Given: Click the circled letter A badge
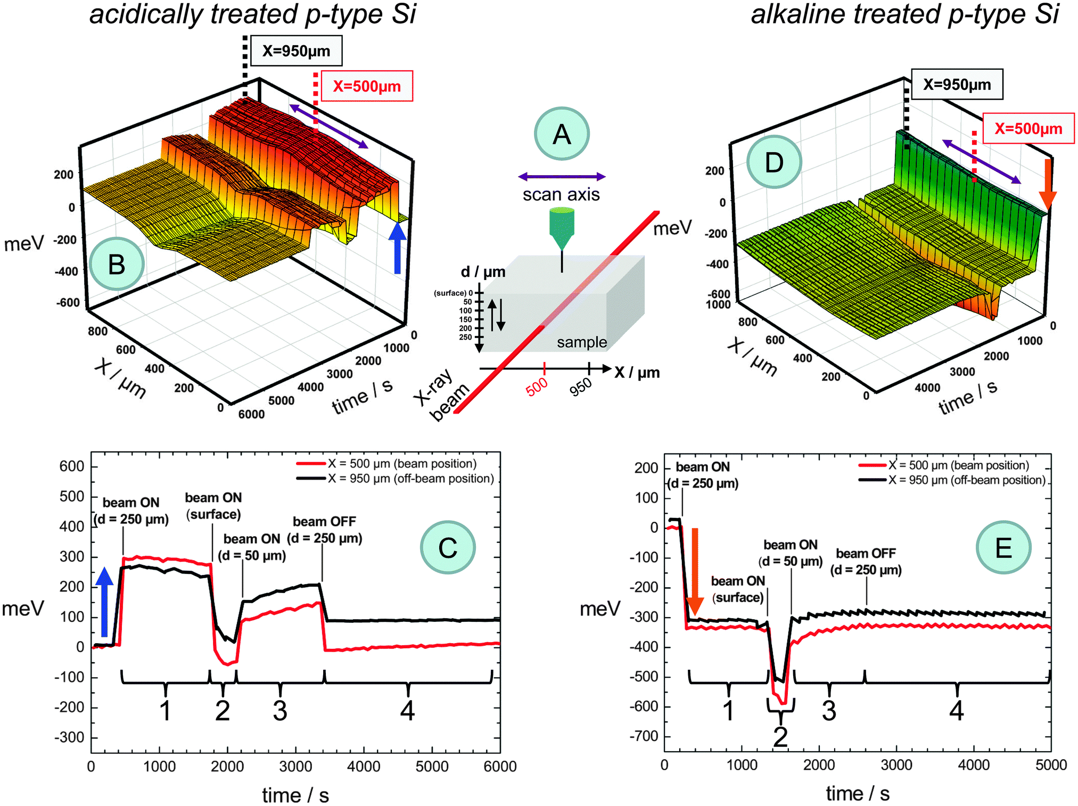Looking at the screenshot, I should click(562, 134).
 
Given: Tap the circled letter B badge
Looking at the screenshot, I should click(117, 264).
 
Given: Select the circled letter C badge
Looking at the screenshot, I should click(447, 548).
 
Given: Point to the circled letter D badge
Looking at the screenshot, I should click(773, 162).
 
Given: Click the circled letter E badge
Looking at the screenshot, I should click(1003, 548).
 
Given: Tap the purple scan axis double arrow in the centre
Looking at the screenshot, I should click(562, 177).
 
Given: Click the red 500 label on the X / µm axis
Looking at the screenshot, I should click(537, 386).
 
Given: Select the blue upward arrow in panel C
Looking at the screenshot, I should click(104, 602).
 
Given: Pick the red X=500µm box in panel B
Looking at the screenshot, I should click(367, 86).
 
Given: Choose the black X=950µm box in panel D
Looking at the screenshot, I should click(957, 85).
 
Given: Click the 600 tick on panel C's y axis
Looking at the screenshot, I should click(72, 466).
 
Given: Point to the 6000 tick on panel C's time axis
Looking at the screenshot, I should click(500, 767).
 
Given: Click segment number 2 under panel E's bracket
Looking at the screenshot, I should click(780, 737).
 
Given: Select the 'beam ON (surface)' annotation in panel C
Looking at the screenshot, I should click(213, 506).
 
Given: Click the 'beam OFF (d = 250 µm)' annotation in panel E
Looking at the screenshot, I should click(866, 562).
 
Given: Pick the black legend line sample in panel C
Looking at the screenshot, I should click(311, 479).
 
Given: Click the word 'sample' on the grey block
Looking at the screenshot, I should click(581, 342).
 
